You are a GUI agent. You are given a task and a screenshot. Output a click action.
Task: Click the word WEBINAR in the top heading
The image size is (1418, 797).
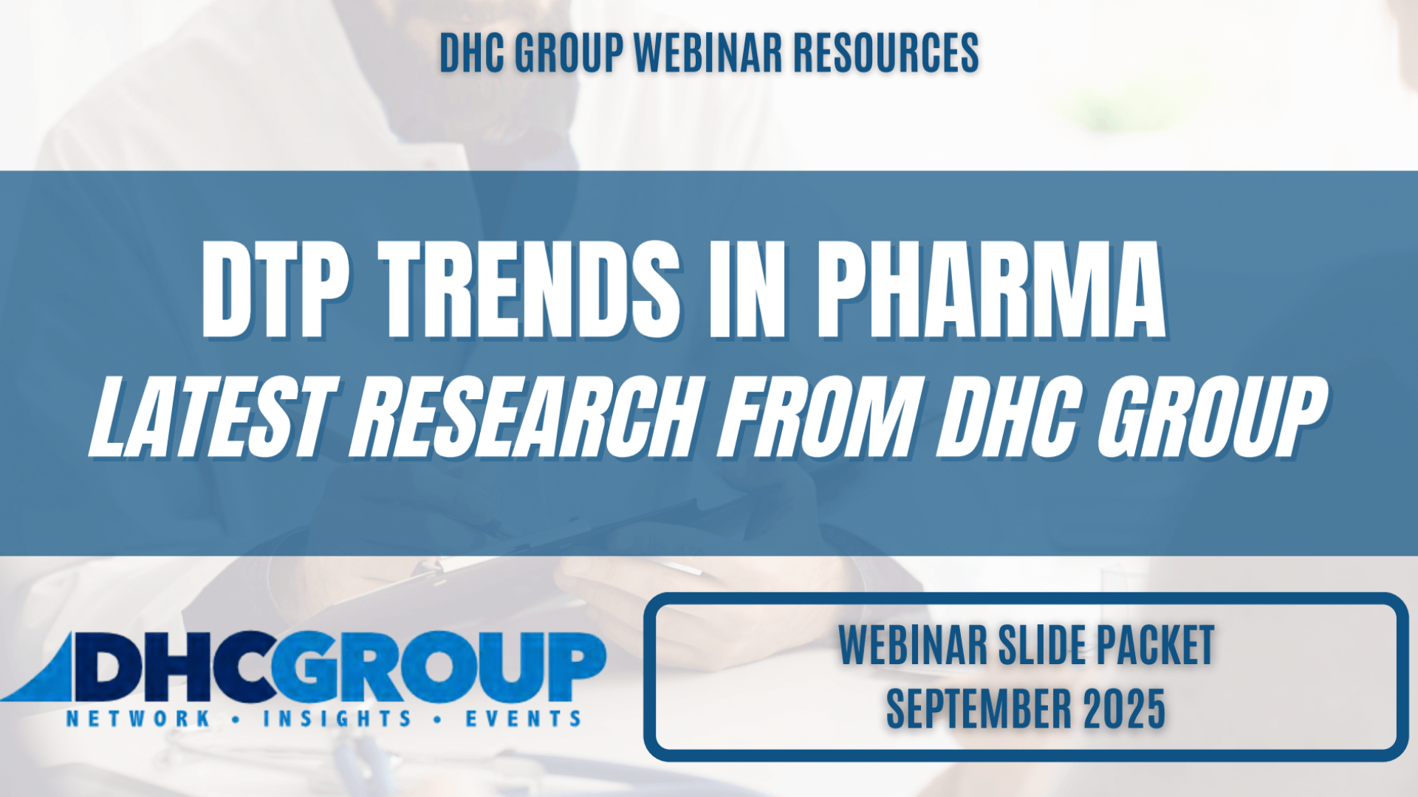tap(708, 53)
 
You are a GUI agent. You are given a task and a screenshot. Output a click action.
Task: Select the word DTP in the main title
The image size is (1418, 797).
tap(275, 289)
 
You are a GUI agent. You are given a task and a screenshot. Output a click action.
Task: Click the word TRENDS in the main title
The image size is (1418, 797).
tap(530, 289)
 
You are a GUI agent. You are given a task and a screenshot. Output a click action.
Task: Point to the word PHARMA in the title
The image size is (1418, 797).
tap(990, 289)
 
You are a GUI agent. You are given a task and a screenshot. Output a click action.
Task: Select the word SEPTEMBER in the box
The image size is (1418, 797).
tap(979, 708)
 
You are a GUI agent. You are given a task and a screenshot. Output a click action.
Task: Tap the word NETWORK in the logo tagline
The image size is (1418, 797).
tap(138, 719)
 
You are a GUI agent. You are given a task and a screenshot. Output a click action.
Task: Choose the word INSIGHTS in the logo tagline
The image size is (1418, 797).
tap(338, 719)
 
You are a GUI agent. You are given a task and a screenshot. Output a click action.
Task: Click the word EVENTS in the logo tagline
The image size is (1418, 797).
tap(523, 719)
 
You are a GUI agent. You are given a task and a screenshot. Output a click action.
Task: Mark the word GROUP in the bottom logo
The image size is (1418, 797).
tap(439, 667)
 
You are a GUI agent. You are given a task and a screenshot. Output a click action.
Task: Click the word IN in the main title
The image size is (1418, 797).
tap(747, 289)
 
